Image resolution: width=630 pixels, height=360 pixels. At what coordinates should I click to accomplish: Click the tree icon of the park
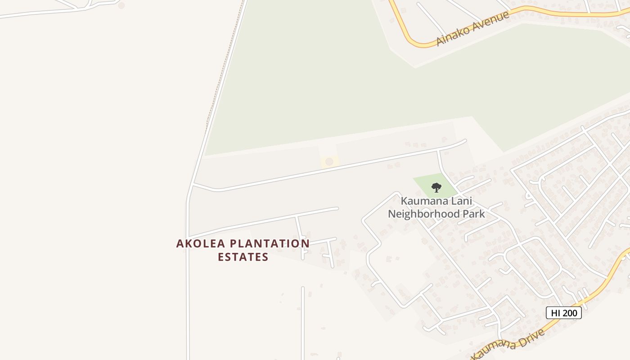pyautogui.click(x=436, y=187)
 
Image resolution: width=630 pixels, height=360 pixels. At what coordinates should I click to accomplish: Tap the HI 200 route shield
pyautogui.click(x=563, y=313)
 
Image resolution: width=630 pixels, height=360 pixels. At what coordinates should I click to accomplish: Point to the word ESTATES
pyautogui.click(x=243, y=257)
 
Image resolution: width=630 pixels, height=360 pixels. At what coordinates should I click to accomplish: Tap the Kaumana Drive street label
pyautogui.click(x=508, y=345)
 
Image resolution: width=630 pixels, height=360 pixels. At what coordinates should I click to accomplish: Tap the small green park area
pyautogui.click(x=425, y=182)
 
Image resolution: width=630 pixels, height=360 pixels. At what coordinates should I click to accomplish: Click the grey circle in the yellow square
pyautogui.click(x=329, y=162)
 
